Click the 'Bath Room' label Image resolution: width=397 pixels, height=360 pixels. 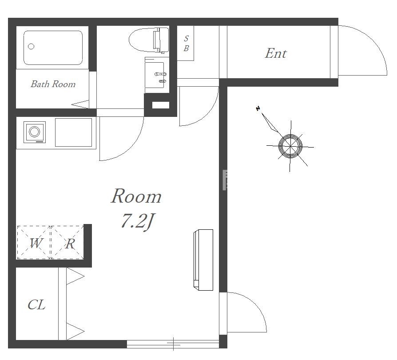pos(53,84)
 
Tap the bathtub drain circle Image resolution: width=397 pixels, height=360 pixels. pos(31,46)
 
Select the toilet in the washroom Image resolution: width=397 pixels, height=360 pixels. pos(149,40)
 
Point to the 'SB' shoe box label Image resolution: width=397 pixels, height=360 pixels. pos(186,43)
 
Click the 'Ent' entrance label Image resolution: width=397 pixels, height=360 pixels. pos(276,53)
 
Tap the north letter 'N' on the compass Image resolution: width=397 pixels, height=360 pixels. pos(258,108)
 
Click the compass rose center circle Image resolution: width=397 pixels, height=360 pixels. pos(290,146)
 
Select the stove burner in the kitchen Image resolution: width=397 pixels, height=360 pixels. pos(35,132)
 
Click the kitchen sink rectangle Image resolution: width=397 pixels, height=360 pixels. pos(73,132)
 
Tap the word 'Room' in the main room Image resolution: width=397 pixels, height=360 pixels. pos(136,196)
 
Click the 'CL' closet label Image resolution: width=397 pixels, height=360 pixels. pos(36,305)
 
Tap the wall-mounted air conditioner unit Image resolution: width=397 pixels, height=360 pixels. pos(203,260)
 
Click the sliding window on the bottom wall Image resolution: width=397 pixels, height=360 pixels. pos(173,344)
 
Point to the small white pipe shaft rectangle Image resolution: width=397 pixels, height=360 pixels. pos(160,105)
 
